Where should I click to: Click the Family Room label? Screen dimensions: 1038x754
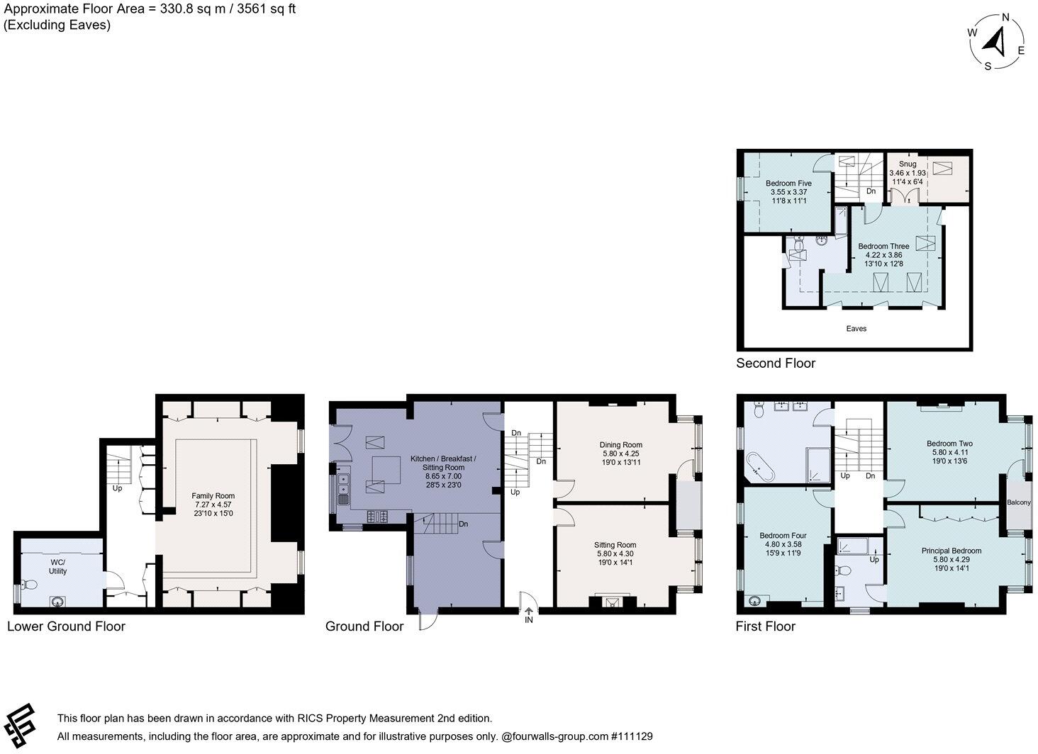pyautogui.click(x=213, y=495)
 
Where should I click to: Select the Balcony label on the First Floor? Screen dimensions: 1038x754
pyautogui.click(x=1019, y=502)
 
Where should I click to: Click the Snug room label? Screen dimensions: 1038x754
pyautogui.click(x=908, y=164)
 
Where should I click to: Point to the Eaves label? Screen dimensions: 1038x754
pyautogui.click(x=856, y=328)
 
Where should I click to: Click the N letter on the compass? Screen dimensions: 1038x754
pyautogui.click(x=1005, y=18)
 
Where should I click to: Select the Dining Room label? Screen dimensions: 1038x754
pyautogui.click(x=621, y=444)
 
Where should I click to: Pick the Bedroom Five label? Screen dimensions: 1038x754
pyautogui.click(x=788, y=184)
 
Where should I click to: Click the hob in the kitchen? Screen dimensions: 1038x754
pyautogui.click(x=377, y=516)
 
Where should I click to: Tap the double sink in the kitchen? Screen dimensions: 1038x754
pyautogui.click(x=343, y=484)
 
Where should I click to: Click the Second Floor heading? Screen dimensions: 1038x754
pyautogui.click(x=776, y=363)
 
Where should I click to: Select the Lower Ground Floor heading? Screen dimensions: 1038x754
pyautogui.click(x=66, y=626)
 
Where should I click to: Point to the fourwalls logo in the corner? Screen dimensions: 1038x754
pyautogui.click(x=19, y=726)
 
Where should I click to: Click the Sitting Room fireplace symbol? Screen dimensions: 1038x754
pyautogui.click(x=613, y=602)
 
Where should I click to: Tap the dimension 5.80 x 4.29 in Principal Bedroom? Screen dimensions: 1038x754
pyautogui.click(x=951, y=560)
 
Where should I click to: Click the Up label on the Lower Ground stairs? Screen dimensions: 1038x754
pyautogui.click(x=117, y=488)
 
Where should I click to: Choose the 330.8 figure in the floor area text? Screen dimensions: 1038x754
pyautogui.click(x=176, y=9)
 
